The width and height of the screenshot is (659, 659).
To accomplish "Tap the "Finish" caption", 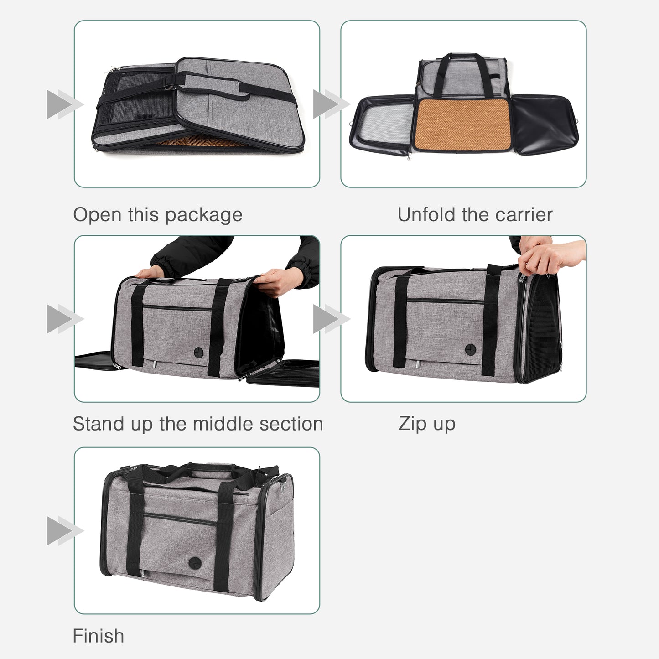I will pos(98,636).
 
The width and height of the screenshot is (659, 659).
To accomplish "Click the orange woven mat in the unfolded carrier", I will pos(462,125).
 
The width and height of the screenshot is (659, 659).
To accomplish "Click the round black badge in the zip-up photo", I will pos(470,350).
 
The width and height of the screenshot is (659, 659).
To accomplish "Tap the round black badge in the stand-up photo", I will pos(199,352).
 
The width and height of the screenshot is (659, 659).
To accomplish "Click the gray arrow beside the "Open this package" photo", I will pos(64,104).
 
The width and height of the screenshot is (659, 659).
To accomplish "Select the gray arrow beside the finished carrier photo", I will pos(64,531).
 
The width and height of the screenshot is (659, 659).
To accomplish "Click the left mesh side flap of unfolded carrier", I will pos(383,125).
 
